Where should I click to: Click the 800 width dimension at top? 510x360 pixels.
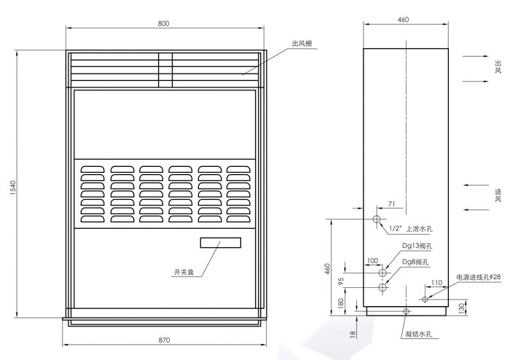click(164, 23)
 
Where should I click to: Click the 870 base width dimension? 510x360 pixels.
click(164, 340)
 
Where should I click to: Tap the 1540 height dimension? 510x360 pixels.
click(13, 187)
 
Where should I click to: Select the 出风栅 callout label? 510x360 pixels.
click(302, 44)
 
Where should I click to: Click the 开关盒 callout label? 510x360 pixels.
click(184, 272)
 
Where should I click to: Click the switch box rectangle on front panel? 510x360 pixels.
click(221, 243)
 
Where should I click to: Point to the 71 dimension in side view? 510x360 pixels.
click(392, 204)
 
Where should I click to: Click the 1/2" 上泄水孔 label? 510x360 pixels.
click(411, 229)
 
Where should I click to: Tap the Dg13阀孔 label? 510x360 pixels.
click(417, 246)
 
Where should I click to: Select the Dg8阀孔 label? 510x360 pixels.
click(415, 262)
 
